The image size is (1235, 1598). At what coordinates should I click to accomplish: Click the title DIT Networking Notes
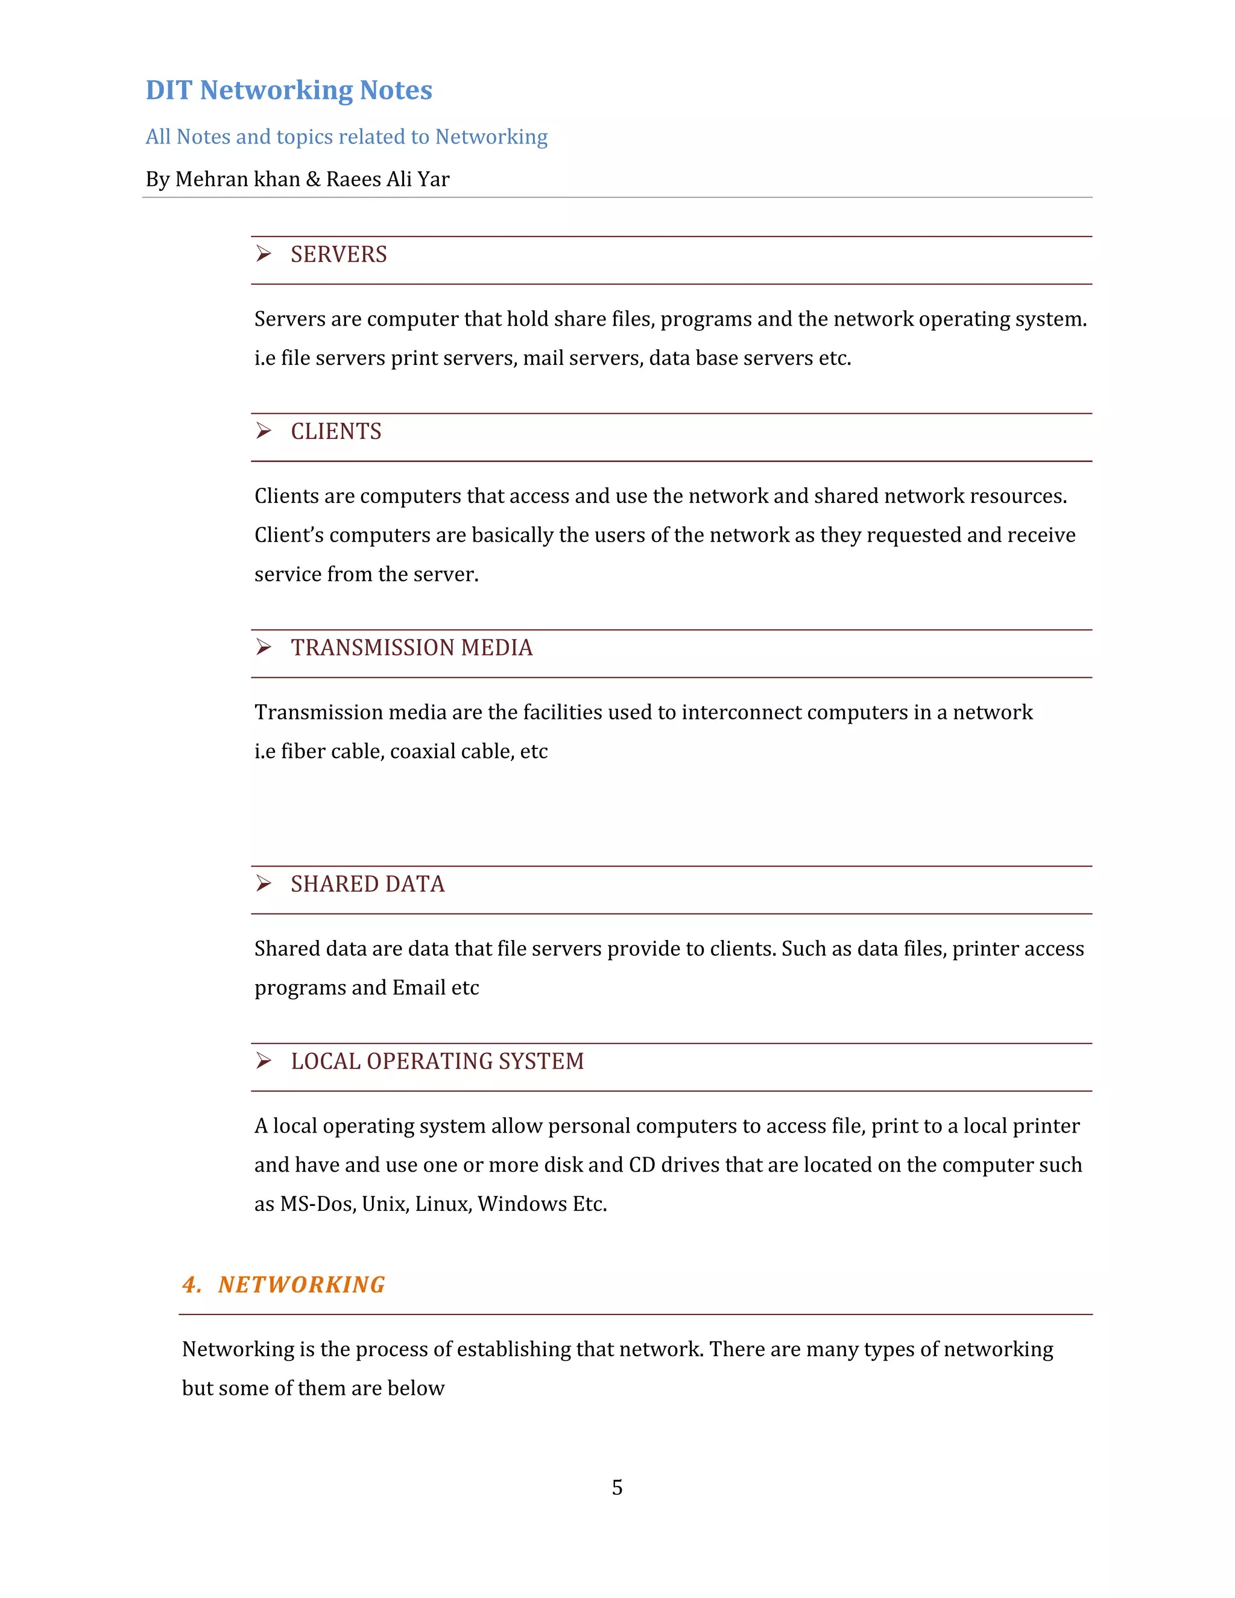tap(289, 90)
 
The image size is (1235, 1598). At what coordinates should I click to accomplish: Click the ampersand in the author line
tap(313, 179)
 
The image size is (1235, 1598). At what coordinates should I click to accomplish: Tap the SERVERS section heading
tap(339, 254)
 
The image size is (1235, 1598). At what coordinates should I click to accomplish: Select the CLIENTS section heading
tap(336, 432)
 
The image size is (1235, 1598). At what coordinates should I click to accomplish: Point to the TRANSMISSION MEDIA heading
tap(411, 648)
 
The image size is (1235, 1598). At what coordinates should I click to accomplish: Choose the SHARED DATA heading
tap(367, 884)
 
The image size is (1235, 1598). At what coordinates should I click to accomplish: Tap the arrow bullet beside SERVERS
tap(264, 254)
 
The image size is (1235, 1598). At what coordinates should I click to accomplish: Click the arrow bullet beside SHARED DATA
tap(264, 883)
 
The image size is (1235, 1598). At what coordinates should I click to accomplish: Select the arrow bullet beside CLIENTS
tap(264, 431)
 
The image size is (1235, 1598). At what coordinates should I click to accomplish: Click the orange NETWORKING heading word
tap(302, 1285)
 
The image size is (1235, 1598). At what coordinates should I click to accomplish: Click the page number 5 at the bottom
tap(617, 1488)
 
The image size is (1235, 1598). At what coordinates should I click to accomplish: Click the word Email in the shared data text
tap(419, 988)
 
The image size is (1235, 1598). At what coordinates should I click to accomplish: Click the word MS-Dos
tap(318, 1204)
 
